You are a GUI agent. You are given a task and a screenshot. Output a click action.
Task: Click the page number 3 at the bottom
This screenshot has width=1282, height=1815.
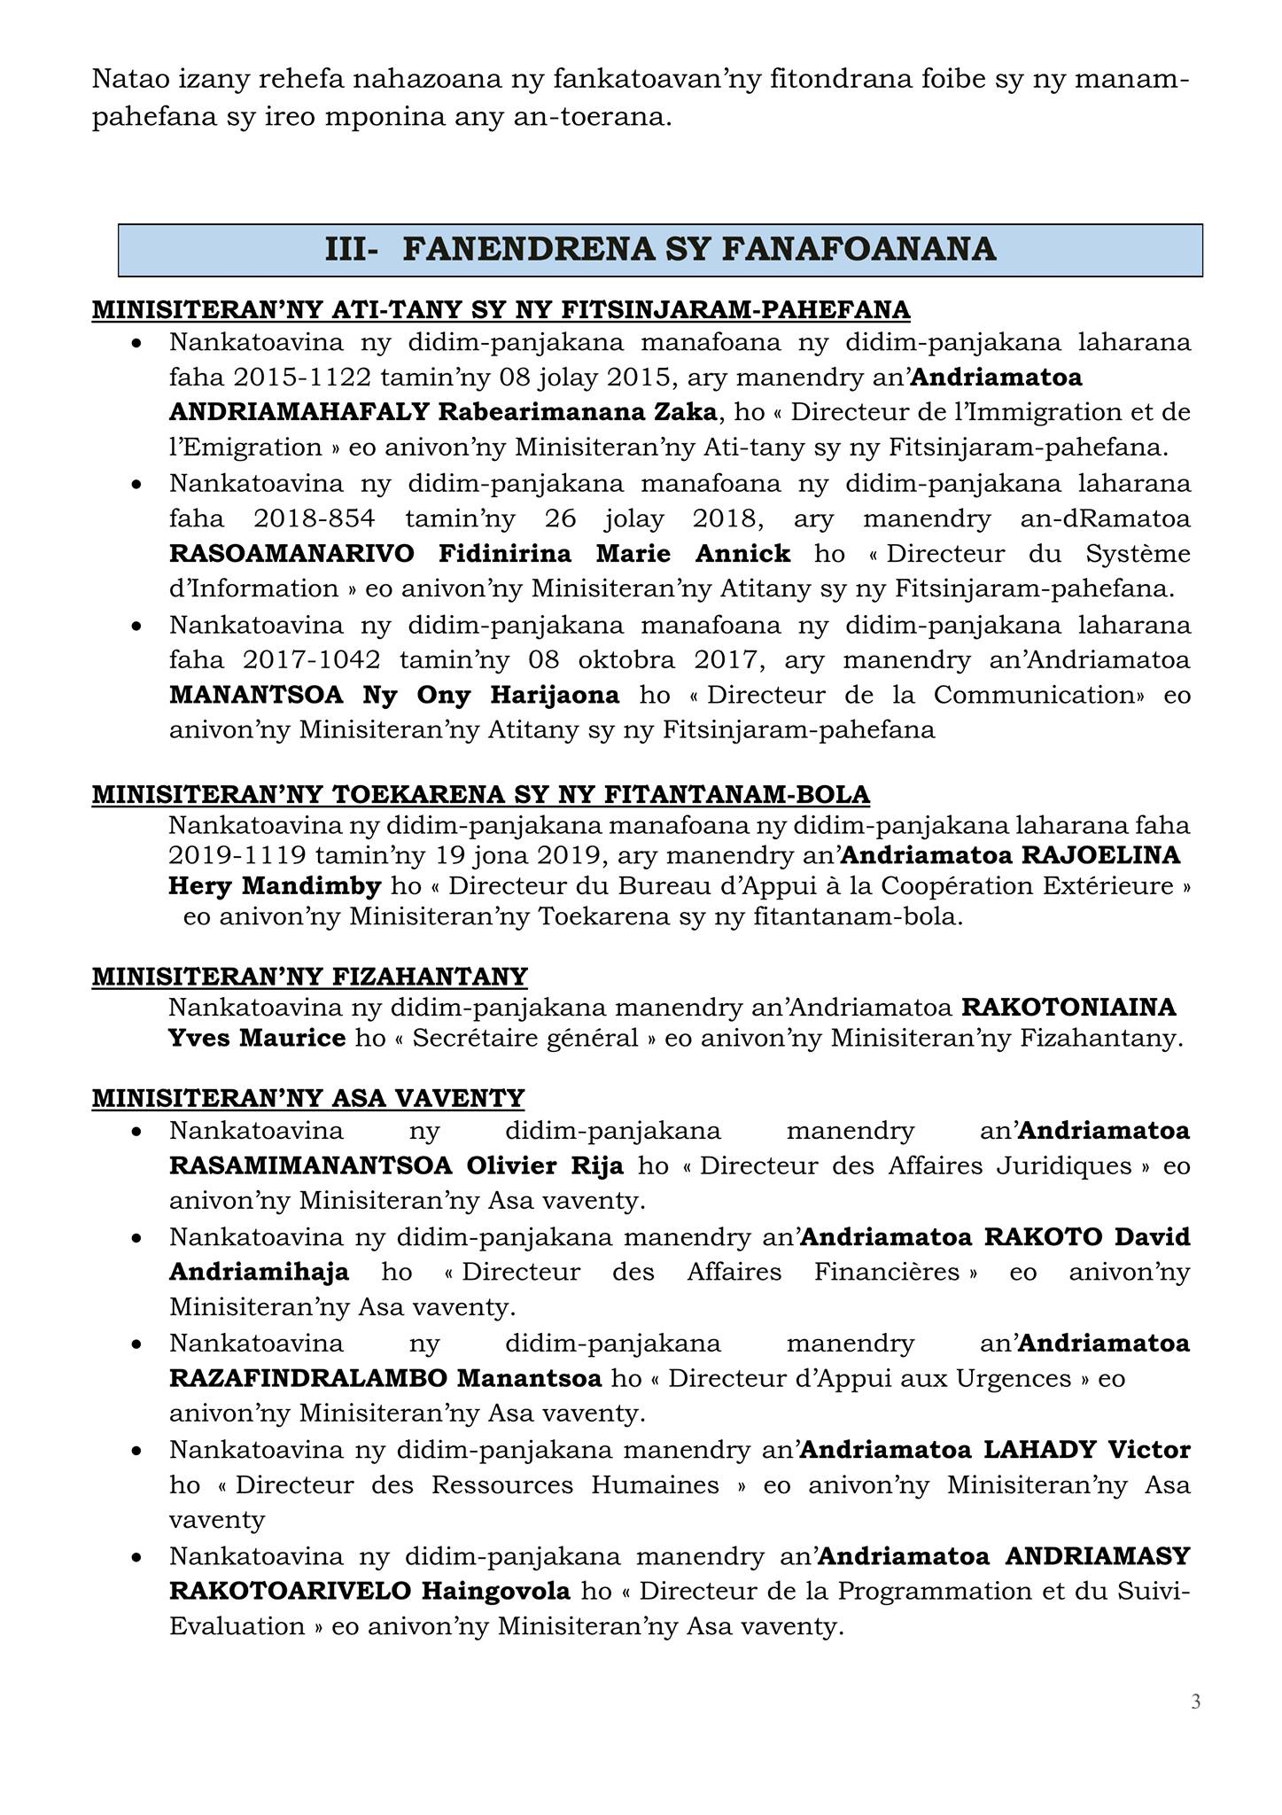click(1195, 1701)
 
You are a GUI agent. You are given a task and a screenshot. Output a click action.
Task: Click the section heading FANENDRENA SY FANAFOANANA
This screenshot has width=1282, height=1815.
click(699, 250)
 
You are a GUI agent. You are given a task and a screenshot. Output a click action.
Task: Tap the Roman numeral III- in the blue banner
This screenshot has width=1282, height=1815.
click(352, 250)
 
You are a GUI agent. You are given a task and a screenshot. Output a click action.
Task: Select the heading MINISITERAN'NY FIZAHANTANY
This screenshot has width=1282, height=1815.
click(309, 977)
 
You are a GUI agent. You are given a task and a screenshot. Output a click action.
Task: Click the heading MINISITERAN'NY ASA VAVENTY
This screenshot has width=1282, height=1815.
click(308, 1098)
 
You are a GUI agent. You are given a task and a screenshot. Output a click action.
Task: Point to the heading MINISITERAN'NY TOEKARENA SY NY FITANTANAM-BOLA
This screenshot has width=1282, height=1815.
click(480, 794)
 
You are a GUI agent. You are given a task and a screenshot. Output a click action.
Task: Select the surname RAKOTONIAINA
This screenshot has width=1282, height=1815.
click(1068, 1007)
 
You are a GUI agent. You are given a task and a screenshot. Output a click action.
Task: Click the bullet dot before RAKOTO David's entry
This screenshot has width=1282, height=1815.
click(136, 1238)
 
